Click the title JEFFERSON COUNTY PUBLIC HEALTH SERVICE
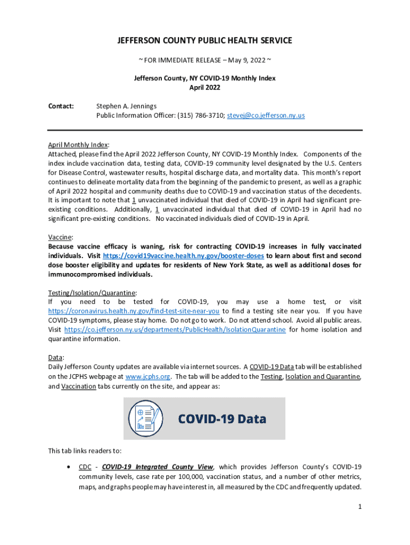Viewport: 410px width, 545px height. (205, 40)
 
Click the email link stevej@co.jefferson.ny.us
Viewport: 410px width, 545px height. (266, 115)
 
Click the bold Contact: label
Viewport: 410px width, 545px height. (61, 106)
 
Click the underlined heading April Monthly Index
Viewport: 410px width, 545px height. (78, 145)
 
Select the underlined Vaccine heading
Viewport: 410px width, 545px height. (60, 237)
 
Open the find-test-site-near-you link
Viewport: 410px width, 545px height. (134, 311)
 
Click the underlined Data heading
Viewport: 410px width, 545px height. (55, 358)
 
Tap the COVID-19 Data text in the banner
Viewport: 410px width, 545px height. (222, 419)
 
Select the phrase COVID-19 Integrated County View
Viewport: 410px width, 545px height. (158, 467)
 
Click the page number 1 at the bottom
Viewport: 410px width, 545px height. (360, 507)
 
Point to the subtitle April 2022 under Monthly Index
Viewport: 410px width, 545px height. (205, 87)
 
